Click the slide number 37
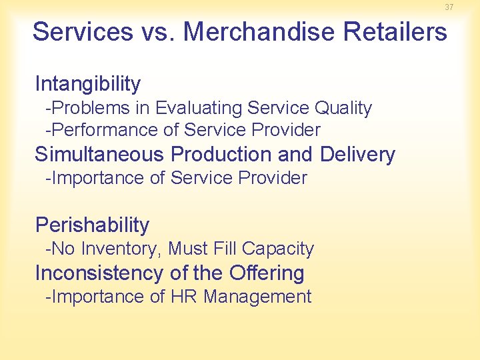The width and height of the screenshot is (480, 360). [x=449, y=7]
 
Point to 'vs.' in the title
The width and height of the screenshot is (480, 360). [x=158, y=31]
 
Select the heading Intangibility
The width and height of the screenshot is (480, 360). [x=88, y=84]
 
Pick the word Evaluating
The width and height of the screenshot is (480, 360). [x=198, y=108]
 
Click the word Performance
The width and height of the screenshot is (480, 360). [x=103, y=130]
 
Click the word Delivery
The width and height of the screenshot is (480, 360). [x=357, y=155]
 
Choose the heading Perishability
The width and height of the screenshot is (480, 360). [x=92, y=225]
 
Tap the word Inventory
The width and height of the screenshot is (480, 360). [x=119, y=249]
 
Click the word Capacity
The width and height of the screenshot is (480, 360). [x=278, y=249]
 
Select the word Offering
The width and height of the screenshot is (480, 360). [x=266, y=273]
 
